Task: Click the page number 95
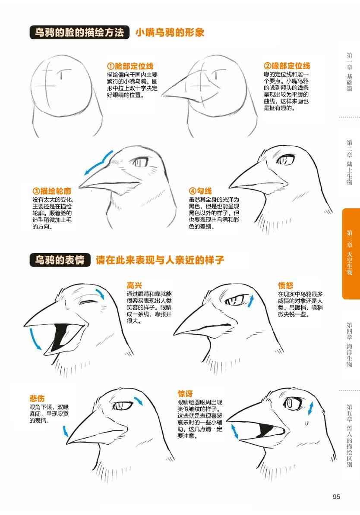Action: tap(336, 496)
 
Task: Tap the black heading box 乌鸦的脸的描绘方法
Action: tap(79, 32)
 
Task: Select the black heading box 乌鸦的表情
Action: tap(60, 260)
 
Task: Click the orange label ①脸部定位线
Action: tap(130, 66)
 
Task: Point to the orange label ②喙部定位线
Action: tap(287, 66)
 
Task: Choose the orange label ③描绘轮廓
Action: tap(52, 191)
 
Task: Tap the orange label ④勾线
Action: tap(200, 191)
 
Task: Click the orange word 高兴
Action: tap(135, 286)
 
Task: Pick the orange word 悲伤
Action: tap(37, 399)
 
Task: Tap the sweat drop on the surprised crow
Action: tap(306, 423)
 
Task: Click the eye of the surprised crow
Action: tap(290, 403)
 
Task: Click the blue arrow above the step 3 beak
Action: tap(98, 163)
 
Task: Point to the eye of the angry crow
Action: tap(235, 300)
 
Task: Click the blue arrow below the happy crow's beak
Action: tap(35, 338)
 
